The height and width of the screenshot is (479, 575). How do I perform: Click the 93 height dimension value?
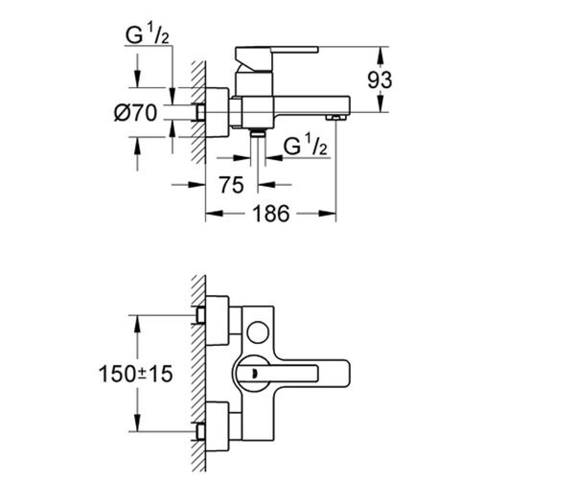(x=379, y=80)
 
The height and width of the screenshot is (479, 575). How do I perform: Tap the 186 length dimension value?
(x=271, y=213)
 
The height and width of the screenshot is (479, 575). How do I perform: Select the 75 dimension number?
(x=231, y=185)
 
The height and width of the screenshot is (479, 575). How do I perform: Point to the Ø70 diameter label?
(x=135, y=113)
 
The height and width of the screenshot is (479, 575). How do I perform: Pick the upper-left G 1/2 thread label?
(x=147, y=34)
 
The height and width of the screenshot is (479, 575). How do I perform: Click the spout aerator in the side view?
(x=335, y=118)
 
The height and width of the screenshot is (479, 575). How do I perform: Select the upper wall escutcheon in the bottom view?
(x=217, y=321)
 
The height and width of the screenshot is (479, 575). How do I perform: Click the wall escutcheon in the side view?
(x=217, y=112)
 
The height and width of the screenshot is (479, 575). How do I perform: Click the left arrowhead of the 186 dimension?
(x=215, y=213)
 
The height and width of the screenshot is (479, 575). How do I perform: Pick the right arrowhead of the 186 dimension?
(x=327, y=213)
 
